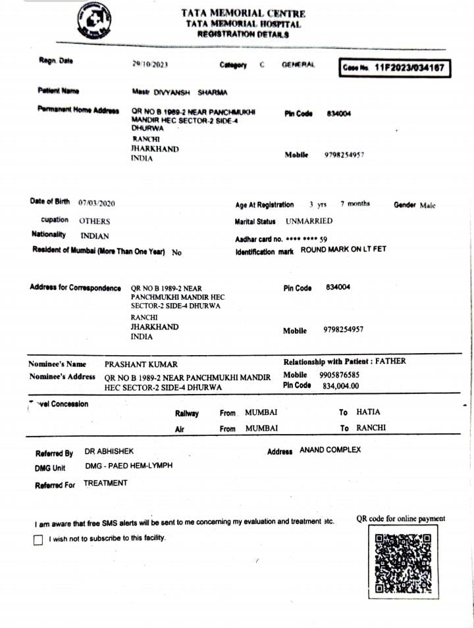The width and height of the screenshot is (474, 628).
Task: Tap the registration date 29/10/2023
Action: click(x=151, y=64)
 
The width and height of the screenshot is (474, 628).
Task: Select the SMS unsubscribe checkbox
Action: click(x=38, y=540)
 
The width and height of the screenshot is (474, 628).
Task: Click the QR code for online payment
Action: click(x=402, y=564)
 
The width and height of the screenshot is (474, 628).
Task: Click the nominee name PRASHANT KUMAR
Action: click(x=141, y=364)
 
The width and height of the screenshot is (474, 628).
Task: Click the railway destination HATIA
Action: click(x=368, y=412)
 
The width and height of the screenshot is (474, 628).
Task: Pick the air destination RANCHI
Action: click(x=371, y=427)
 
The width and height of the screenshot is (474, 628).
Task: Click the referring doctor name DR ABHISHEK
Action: click(x=109, y=452)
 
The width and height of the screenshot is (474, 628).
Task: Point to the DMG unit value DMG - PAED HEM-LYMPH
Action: click(x=129, y=466)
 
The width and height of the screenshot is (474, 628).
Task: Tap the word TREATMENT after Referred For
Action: click(x=105, y=483)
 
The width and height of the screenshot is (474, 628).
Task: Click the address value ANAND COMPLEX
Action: click(x=330, y=450)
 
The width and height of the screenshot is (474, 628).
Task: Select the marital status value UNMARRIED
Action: click(x=309, y=221)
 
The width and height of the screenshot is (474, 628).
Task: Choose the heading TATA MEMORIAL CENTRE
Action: click(x=244, y=13)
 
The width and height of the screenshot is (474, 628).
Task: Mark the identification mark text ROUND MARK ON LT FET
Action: click(x=344, y=250)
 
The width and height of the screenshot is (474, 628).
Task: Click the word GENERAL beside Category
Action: click(x=298, y=65)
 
